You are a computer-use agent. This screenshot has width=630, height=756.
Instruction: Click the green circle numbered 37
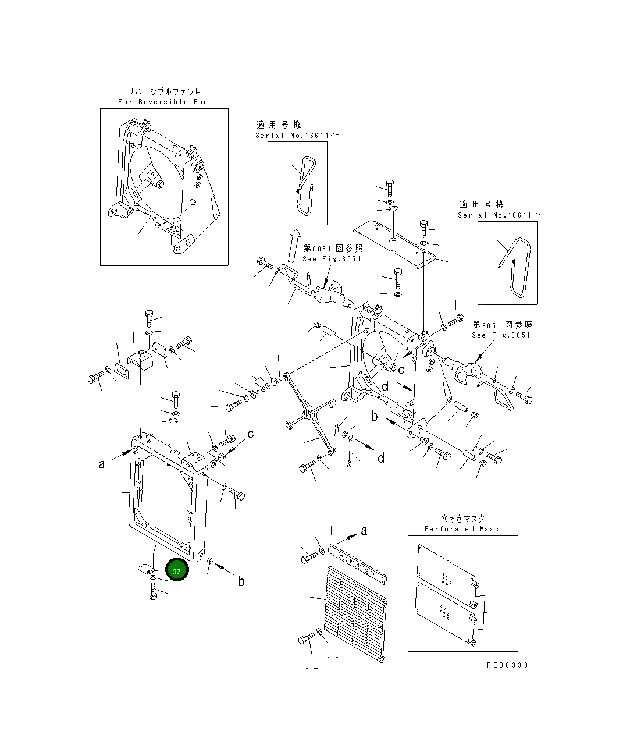point(176,570)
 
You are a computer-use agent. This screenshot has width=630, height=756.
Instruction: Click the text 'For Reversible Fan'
point(163,102)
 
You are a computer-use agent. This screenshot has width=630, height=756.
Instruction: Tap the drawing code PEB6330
point(507,665)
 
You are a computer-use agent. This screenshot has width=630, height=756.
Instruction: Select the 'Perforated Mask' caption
point(462,529)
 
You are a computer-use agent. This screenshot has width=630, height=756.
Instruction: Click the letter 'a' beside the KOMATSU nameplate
point(364,530)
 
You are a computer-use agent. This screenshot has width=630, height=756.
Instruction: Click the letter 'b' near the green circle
point(241,581)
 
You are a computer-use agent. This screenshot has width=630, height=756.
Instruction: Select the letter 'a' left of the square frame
point(102,464)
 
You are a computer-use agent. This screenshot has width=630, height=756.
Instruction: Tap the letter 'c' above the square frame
point(251,434)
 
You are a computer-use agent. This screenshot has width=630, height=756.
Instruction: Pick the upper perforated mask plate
point(446,565)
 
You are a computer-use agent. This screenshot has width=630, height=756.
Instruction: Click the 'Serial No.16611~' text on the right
point(500,215)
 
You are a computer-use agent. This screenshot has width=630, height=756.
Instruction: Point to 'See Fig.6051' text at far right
point(501,335)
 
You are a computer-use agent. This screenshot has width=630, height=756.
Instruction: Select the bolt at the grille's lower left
point(306,640)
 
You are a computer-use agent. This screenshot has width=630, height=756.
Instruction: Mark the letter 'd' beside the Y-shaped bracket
point(381,458)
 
